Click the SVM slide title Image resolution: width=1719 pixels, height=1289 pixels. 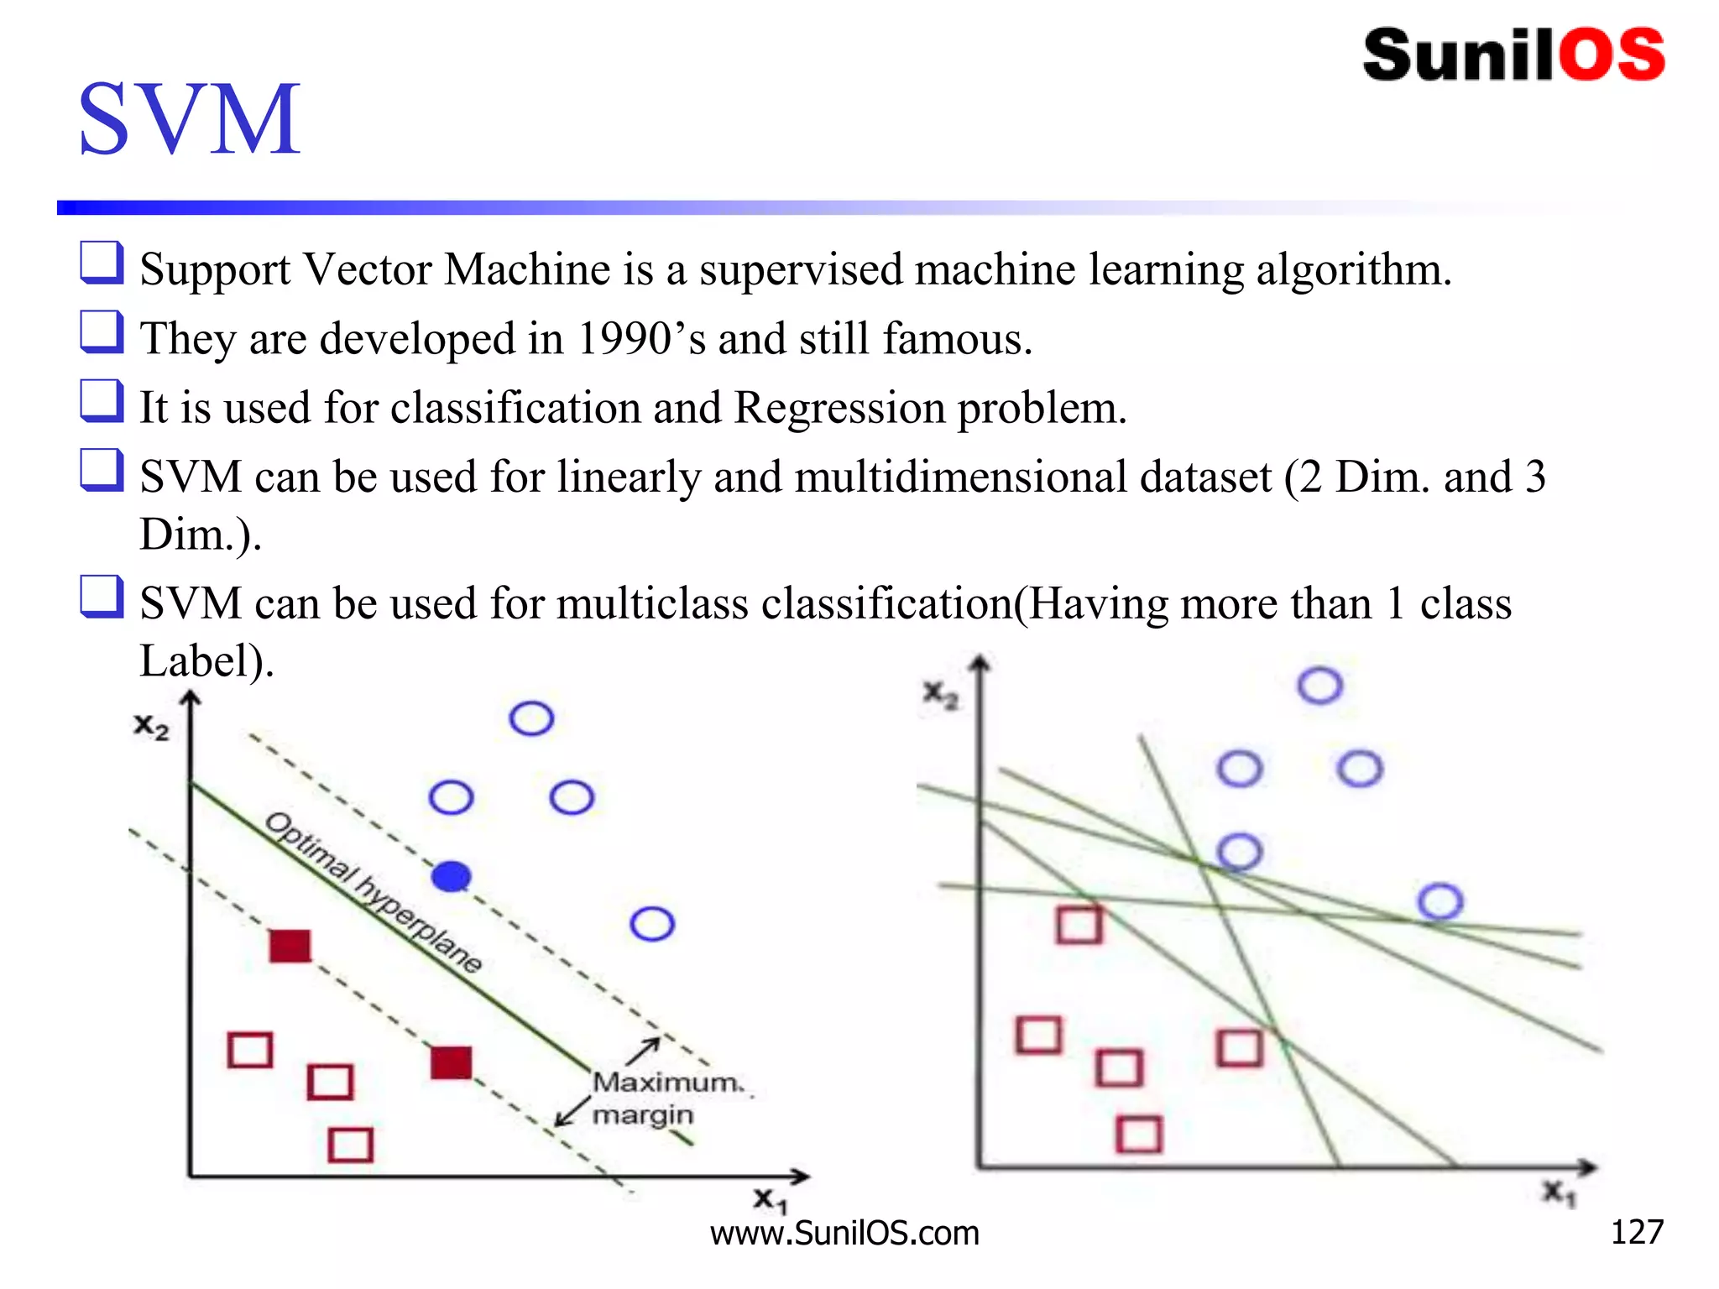pyautogui.click(x=189, y=119)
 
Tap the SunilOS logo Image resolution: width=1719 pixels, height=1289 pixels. pyautogui.click(x=1513, y=55)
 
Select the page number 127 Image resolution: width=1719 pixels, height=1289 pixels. pyautogui.click(x=1637, y=1232)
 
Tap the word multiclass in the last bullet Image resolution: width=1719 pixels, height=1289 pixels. pyautogui.click(x=652, y=604)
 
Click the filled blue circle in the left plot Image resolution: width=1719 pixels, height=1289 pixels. pyautogui.click(x=452, y=877)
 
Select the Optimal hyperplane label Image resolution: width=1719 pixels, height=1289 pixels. pyautogui.click(x=374, y=891)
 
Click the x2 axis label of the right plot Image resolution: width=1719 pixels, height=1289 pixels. pyautogui.click(x=940, y=695)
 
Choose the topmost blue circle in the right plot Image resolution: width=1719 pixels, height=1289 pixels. pyautogui.click(x=1319, y=686)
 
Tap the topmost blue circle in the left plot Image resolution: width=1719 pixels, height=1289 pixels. pyautogui.click(x=531, y=718)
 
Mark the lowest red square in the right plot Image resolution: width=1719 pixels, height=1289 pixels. pyautogui.click(x=1139, y=1135)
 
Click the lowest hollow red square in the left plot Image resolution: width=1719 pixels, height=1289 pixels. pyautogui.click(x=350, y=1145)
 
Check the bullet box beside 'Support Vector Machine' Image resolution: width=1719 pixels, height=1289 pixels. pyautogui.click(x=102, y=262)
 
